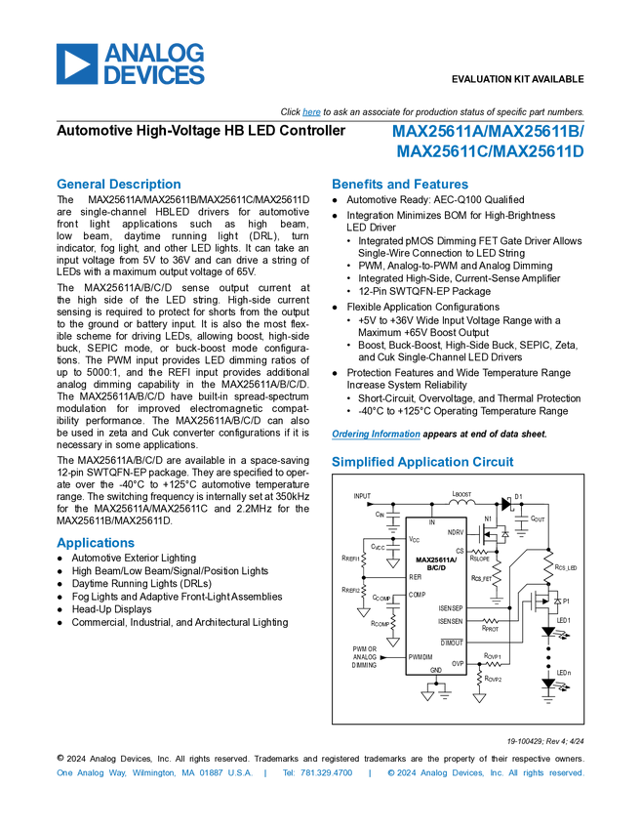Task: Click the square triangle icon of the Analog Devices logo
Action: (x=76, y=63)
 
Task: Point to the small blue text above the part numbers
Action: (x=311, y=112)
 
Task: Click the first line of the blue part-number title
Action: (x=488, y=131)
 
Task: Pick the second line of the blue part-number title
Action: (x=491, y=151)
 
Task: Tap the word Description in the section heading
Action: (x=144, y=184)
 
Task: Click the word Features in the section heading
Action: (x=442, y=184)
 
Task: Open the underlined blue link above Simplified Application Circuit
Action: (x=375, y=435)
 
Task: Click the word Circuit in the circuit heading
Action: (x=494, y=462)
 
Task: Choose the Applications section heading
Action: (x=95, y=543)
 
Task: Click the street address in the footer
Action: (x=153, y=773)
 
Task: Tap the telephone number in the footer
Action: (x=317, y=773)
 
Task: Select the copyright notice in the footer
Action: (x=485, y=773)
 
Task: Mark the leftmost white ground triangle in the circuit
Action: (x=363, y=612)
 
